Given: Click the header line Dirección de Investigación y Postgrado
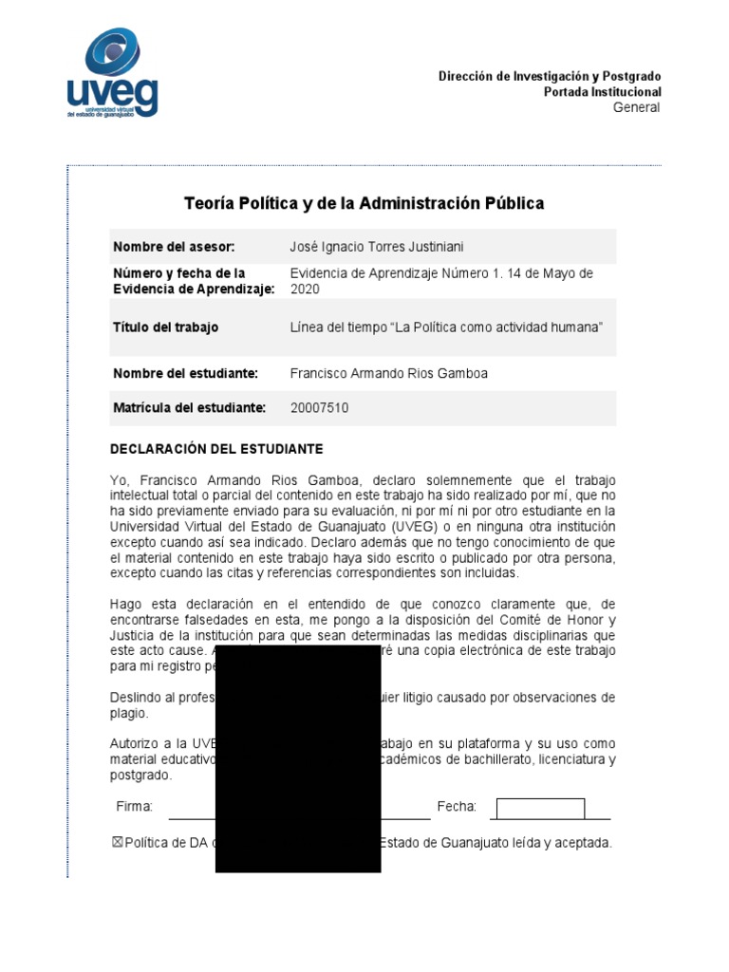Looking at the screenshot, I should pos(550,76).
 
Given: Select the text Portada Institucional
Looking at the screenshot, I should pos(602,92).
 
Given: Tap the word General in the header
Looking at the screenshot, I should pos(636,107).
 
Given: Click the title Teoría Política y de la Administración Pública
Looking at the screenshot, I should pos(364,203).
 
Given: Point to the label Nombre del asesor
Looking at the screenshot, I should pos(174,247).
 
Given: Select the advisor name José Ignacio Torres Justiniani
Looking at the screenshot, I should pos(377,247).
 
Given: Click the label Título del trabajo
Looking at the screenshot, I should pos(166,327).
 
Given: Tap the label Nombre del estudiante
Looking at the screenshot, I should pos(185,373).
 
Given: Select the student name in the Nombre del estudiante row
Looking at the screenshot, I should pos(388,373).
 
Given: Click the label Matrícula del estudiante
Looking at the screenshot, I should pos(189,407).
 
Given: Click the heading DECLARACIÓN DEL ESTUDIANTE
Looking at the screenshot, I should pos(217,448).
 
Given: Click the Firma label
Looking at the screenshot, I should pos(135,807).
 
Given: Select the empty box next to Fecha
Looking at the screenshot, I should pos(540,809).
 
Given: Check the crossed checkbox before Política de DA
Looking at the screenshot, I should pos(118,842).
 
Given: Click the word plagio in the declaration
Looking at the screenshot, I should pos(129,712).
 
